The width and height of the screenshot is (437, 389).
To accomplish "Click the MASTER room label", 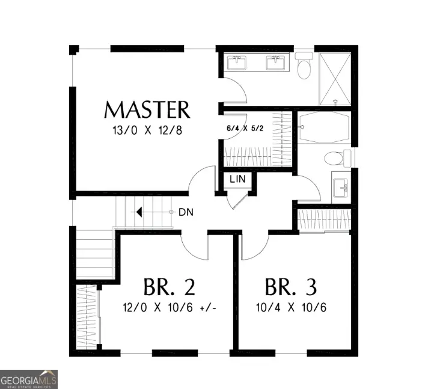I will pos(147,110).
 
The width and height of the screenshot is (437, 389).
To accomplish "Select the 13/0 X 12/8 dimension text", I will pos(147,131).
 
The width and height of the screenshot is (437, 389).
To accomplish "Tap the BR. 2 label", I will pos(170,287).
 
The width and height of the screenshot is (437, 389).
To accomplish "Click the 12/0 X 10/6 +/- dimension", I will pos(170,308).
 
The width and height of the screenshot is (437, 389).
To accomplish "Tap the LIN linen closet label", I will pos(236,180).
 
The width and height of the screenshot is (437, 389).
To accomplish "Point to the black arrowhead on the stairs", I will pos(138,212).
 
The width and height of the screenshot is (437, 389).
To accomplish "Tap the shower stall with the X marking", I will pos(334,79).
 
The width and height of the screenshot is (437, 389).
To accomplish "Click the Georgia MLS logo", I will pos(29,379).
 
